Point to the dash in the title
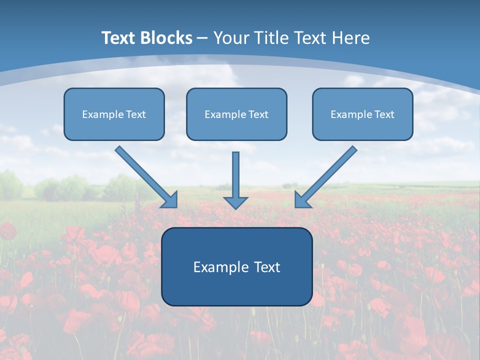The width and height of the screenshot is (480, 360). point(202,38)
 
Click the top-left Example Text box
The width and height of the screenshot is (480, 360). point(114,114)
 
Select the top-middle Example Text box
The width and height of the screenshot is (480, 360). point(236,114)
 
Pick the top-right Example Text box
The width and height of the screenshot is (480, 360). point(362,114)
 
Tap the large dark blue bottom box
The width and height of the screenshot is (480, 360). point(236,266)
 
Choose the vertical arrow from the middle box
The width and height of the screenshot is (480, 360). point(235,175)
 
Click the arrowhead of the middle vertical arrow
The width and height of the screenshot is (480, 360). point(235,202)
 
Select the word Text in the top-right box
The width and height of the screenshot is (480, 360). point(384,114)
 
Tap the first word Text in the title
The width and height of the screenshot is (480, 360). point(118,38)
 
